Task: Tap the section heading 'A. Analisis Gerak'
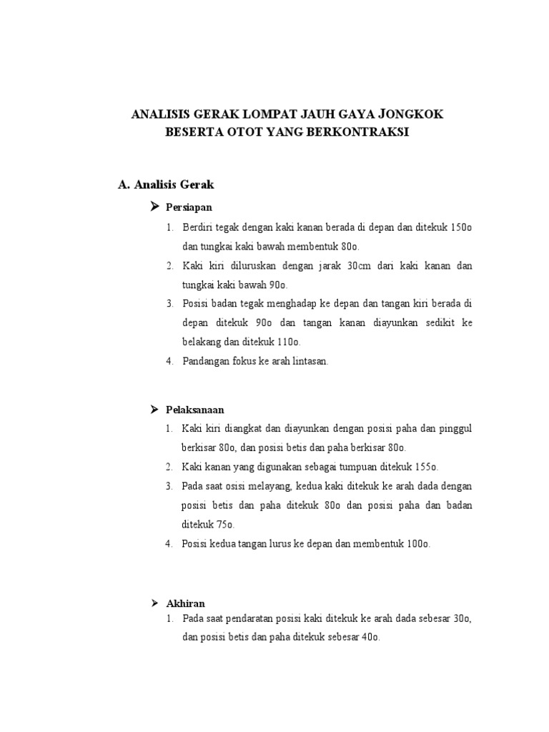[x=166, y=184]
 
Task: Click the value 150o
[x=462, y=227]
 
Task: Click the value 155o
[x=427, y=467]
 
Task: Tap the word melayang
[x=272, y=486]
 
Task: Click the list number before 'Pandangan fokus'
[x=170, y=362]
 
